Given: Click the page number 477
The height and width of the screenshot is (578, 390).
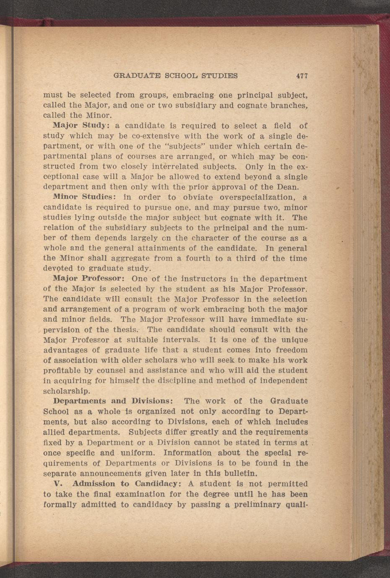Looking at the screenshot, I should coord(302,76).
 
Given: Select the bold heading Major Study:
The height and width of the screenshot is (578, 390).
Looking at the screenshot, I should coord(81,126).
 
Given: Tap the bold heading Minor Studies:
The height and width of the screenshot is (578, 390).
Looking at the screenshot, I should coord(82,197).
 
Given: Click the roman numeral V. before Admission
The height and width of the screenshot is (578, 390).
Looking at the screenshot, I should coord(58,484).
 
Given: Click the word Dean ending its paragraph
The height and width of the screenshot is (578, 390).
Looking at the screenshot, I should coord(287,187).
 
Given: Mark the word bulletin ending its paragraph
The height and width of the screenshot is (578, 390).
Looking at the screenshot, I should coord(238,473).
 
